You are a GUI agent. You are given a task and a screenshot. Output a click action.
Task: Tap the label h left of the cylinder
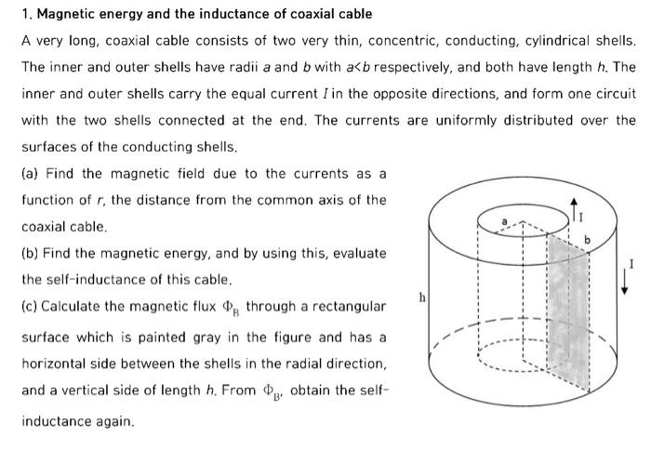click(x=422, y=298)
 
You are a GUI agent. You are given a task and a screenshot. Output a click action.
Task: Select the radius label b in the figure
click(x=587, y=240)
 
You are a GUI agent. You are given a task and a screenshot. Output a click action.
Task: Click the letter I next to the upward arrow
click(x=584, y=217)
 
